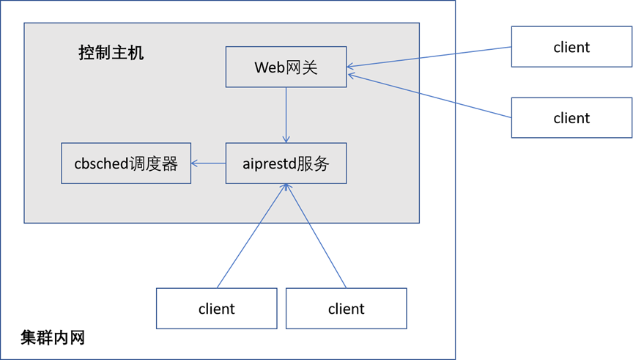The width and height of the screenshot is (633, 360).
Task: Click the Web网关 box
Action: [286, 67]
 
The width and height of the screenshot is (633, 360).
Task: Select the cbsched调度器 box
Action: [125, 163]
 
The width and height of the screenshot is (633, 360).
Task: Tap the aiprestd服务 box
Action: [286, 163]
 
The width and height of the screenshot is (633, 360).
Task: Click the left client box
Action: [216, 308]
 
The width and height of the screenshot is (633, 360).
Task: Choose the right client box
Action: [346, 308]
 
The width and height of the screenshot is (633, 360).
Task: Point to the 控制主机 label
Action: [111, 53]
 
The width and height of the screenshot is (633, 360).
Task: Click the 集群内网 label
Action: [53, 338]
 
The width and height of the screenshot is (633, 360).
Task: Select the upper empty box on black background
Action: [571, 46]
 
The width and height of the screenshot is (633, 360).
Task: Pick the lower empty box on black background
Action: [571, 117]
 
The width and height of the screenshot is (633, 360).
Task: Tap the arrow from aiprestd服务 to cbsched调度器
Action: [209, 163]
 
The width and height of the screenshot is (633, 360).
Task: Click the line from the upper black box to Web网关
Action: [432, 57]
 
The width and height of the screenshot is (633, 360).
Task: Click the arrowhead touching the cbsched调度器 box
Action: [195, 163]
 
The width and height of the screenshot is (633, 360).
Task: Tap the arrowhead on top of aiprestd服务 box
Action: [286, 139]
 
